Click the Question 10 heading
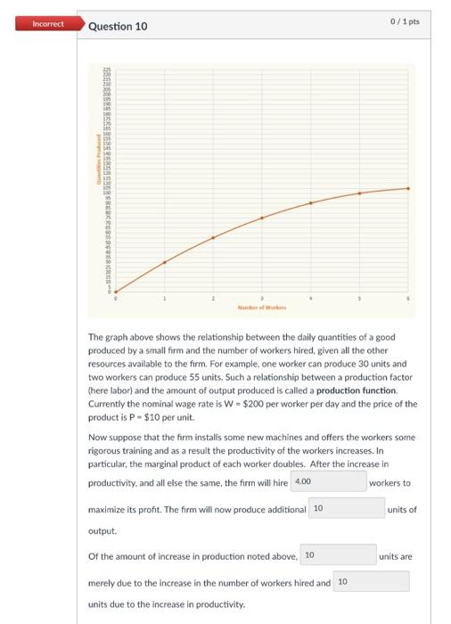tap(119, 26)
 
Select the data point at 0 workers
tap(115, 291)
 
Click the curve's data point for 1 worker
tap(164, 262)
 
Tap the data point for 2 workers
tap(213, 238)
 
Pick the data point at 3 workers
tap(262, 218)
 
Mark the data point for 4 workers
tap(311, 203)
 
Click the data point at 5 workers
tap(360, 193)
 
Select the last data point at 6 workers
tap(408, 188)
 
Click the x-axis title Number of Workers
tap(261, 307)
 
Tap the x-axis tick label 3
tap(262, 298)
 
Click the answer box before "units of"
tap(346, 508)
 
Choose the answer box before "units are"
tap(338, 555)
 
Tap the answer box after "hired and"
tap(371, 581)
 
